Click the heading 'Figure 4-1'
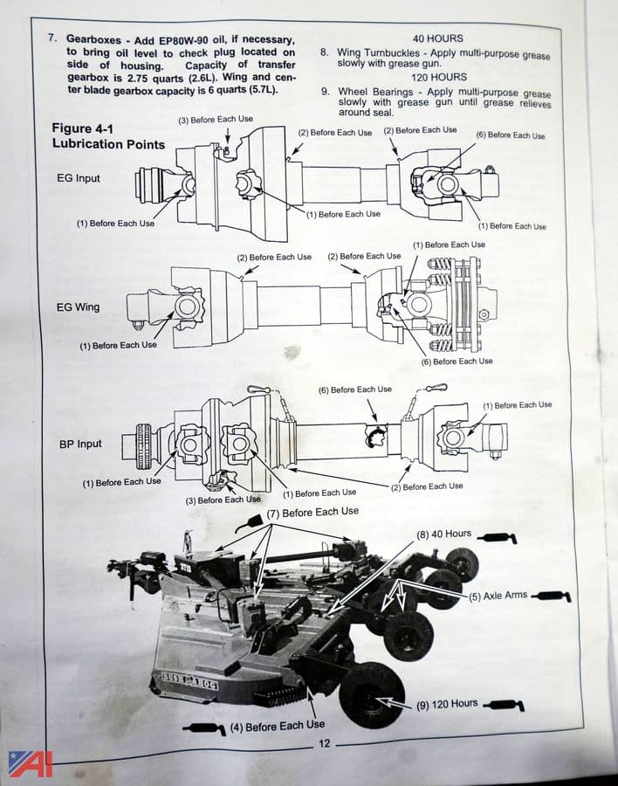[x=84, y=128]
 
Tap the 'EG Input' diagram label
[x=77, y=179]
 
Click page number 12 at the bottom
[x=324, y=744]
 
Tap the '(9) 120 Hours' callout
[x=448, y=703]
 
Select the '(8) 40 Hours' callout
[x=443, y=534]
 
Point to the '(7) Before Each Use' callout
[x=312, y=512]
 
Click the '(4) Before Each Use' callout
[x=278, y=725]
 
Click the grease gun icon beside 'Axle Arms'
[x=552, y=596]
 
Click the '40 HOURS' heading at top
[x=437, y=38]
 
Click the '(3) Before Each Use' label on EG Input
[x=216, y=119]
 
